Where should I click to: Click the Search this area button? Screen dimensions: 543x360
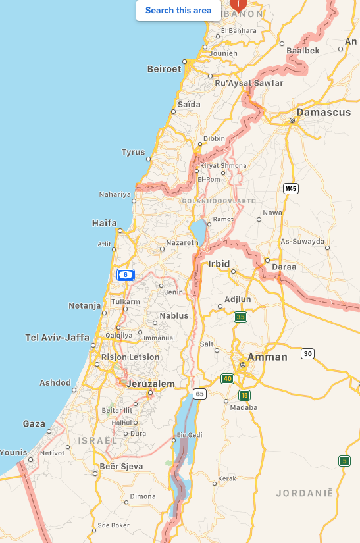click(x=178, y=10)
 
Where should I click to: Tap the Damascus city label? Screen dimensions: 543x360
click(x=323, y=113)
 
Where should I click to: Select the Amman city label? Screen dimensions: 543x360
click(x=267, y=357)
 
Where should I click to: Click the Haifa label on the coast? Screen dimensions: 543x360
click(x=105, y=224)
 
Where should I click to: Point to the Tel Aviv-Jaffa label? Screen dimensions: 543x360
click(x=57, y=337)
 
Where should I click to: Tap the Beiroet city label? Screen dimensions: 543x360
click(x=164, y=68)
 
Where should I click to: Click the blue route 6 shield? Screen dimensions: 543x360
click(x=125, y=274)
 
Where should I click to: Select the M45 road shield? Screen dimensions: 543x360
click(x=291, y=189)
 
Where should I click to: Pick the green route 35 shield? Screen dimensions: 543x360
click(x=241, y=317)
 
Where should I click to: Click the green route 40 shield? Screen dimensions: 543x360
click(x=228, y=378)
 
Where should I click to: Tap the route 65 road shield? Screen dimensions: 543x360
click(x=200, y=394)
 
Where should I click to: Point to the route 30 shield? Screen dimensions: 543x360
click(x=307, y=354)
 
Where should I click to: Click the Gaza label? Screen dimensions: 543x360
click(x=34, y=424)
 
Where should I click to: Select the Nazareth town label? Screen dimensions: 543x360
click(x=182, y=242)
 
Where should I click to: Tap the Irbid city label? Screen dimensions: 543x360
click(x=219, y=264)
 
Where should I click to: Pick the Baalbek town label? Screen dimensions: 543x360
click(x=303, y=50)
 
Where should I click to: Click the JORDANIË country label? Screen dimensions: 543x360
click(x=305, y=493)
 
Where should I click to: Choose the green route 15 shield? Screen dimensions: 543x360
click(x=245, y=395)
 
